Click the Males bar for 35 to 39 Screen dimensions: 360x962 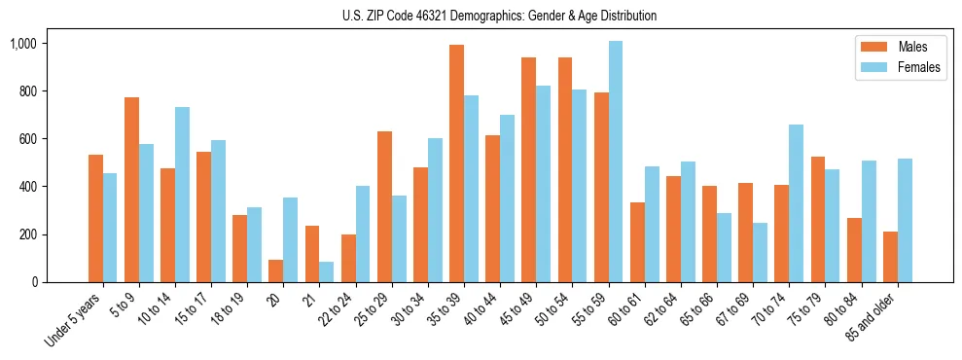pyautogui.click(x=456, y=163)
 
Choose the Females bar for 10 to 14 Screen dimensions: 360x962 pyautogui.click(x=182, y=195)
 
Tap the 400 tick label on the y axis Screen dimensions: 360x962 pyautogui.click(x=27, y=187)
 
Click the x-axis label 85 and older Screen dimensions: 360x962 pyautogui.click(x=872, y=315)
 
